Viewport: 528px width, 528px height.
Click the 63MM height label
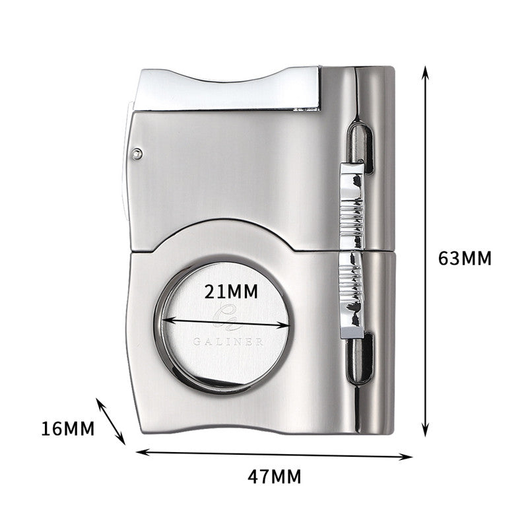point(465,257)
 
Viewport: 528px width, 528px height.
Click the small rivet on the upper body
point(137,154)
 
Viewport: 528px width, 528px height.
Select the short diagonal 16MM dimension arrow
point(111,420)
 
